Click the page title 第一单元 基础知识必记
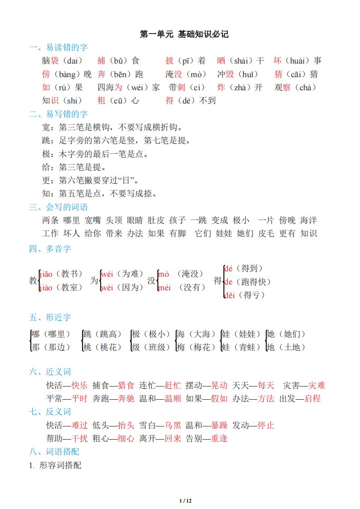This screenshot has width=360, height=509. [184, 34]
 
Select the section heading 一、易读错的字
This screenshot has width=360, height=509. [58, 48]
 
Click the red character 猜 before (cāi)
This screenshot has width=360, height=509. [278, 74]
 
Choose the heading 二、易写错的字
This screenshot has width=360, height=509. [58, 114]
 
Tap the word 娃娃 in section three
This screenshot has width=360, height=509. [224, 234]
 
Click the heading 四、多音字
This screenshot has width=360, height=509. [50, 249]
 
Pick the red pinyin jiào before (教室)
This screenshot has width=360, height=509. [47, 288]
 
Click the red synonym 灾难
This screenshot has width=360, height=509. [317, 386]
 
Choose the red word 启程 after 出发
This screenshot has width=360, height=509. [312, 399]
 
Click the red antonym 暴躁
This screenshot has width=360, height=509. [219, 426]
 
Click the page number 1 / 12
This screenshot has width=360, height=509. [186, 501]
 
